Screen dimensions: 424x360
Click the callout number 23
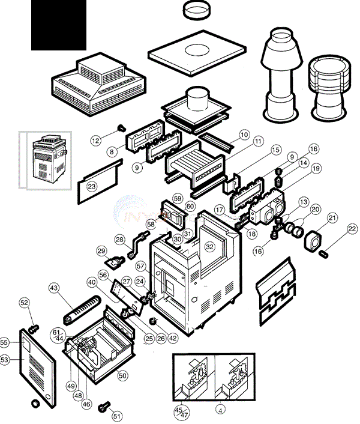click(x=91, y=187)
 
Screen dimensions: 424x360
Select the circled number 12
click(x=96, y=140)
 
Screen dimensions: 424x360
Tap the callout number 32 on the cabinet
click(x=209, y=246)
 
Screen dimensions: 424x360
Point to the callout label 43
click(x=55, y=289)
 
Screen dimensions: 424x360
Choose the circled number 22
click(x=352, y=228)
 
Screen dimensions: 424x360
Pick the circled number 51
click(x=117, y=416)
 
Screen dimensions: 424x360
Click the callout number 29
click(x=101, y=250)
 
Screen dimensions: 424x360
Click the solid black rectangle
click(x=59, y=25)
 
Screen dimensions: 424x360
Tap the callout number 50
click(x=122, y=375)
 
